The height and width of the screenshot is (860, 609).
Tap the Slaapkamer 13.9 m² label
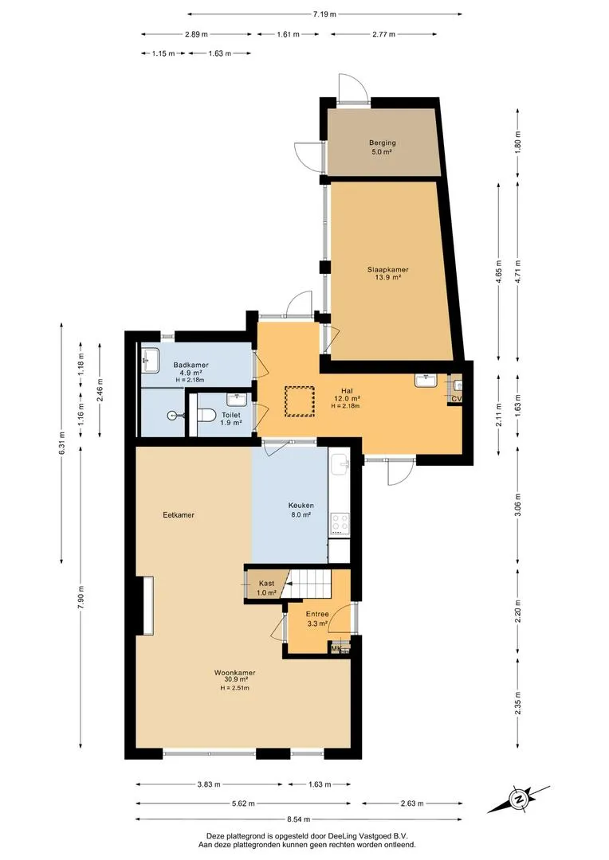387,273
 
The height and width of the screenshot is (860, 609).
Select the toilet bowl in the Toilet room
206,415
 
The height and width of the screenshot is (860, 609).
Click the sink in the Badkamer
150,360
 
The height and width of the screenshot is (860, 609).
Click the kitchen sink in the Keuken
341,463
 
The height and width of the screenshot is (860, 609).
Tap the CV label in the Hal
456,399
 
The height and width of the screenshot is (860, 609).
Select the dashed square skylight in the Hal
299,401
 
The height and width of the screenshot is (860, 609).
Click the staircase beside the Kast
309,584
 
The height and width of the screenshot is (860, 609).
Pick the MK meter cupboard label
336,649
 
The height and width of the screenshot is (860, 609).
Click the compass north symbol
518,799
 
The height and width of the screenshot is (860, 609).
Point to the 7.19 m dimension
324,14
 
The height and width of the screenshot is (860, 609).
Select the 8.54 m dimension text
299,819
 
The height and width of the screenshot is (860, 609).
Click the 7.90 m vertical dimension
81,597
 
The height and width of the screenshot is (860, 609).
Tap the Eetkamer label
179,515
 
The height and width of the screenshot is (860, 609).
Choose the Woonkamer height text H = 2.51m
235,688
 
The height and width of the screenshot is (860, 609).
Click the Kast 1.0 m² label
266,588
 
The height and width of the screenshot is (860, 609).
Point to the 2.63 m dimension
412,803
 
